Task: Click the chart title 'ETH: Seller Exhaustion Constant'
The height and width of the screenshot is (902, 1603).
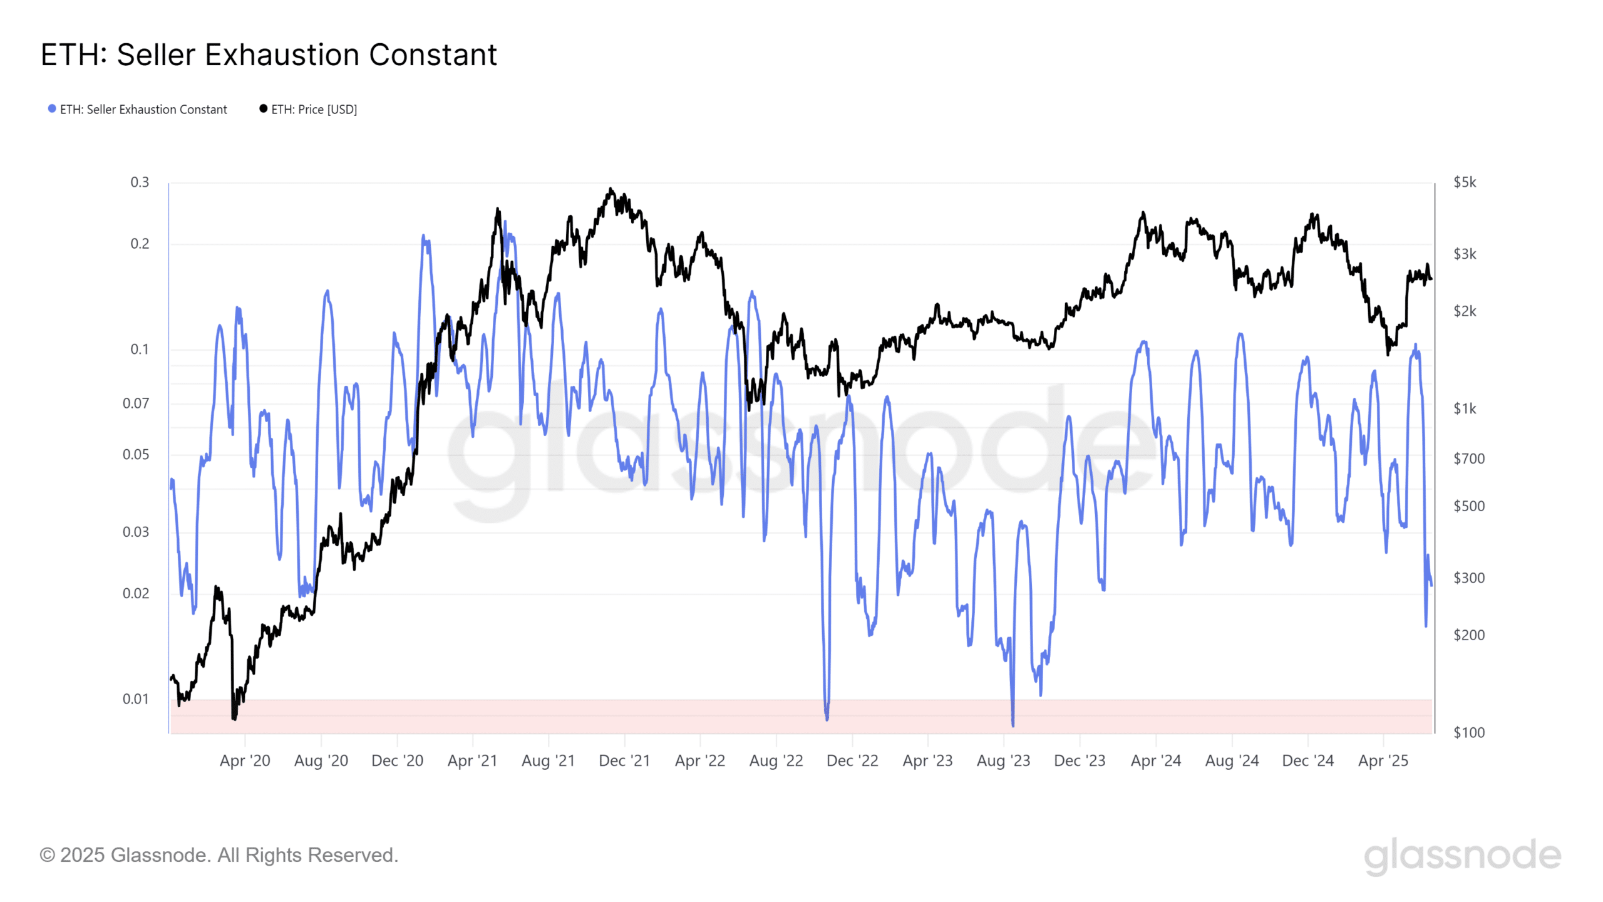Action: (269, 55)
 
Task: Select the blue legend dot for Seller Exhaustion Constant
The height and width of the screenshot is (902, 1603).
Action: (52, 109)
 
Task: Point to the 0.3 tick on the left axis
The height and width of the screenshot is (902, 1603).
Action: (140, 182)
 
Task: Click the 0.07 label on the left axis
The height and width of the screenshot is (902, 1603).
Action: (136, 403)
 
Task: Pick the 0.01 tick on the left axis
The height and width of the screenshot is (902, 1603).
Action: (136, 699)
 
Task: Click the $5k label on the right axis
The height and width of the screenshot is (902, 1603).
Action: (1465, 182)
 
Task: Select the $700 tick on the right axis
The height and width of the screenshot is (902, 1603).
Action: (1468, 459)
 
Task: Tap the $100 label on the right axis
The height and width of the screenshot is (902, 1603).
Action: (1468, 732)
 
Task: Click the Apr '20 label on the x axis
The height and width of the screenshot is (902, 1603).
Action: (245, 760)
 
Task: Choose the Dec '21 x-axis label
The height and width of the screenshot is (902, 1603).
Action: (624, 760)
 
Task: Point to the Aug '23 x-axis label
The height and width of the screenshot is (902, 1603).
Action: (1003, 760)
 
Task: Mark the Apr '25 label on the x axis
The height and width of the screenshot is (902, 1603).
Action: (1383, 760)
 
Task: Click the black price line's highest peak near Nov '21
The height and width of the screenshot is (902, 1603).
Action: (611, 189)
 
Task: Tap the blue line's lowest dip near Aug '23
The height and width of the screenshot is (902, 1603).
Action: (1013, 725)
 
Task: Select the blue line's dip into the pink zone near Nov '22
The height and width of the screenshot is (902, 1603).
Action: (827, 718)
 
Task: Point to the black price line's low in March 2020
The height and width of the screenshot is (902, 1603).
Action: (234, 718)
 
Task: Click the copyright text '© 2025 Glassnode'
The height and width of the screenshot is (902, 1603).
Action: (219, 855)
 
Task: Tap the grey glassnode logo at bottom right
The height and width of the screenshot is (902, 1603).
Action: (1462, 856)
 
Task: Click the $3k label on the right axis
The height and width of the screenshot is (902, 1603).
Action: (1465, 254)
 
